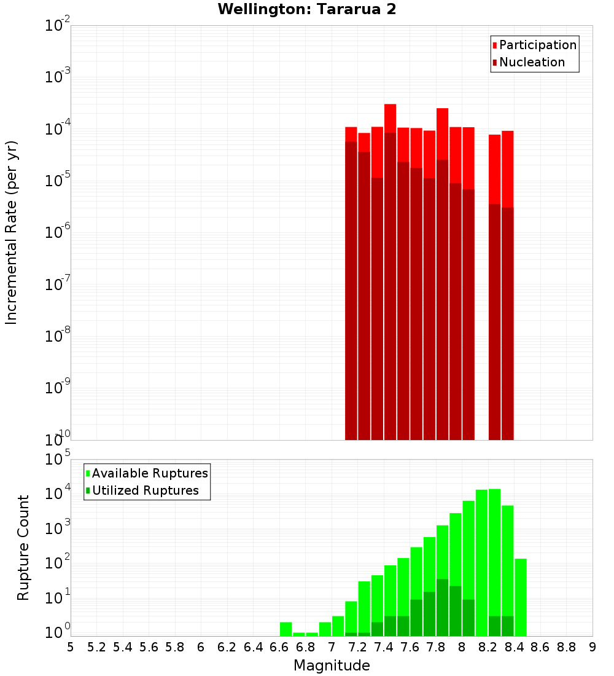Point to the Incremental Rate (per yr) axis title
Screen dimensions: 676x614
click(x=12, y=232)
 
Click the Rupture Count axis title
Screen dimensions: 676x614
click(x=23, y=547)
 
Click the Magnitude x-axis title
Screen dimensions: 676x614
click(x=332, y=665)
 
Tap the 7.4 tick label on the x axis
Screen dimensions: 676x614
click(x=384, y=647)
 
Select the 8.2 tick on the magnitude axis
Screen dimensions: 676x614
click(x=488, y=647)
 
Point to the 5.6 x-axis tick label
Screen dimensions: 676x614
click(x=149, y=647)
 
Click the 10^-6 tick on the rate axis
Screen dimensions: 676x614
click(x=58, y=232)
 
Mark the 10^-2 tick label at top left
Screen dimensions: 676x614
click(x=58, y=26)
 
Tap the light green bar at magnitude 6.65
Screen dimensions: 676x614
click(x=286, y=629)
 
